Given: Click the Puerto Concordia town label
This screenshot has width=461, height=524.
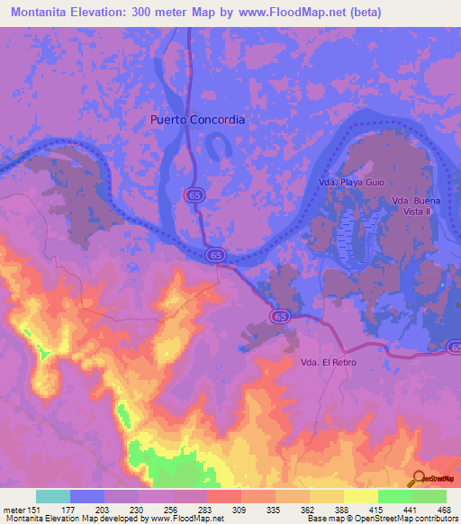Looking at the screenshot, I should [197, 119].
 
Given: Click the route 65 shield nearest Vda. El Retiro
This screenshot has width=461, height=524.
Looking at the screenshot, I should [280, 316].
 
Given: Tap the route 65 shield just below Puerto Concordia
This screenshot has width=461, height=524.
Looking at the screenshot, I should [194, 194].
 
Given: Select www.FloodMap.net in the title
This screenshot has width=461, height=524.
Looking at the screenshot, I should [281, 13].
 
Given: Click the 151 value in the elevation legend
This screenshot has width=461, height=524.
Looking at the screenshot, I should [36, 510].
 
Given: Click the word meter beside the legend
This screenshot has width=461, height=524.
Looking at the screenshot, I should [14, 510].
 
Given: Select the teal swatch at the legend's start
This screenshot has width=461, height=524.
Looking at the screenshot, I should [53, 496].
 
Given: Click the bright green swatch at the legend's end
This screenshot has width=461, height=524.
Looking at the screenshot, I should [429, 496].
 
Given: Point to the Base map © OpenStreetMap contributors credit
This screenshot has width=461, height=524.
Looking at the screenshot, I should [381, 519].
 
